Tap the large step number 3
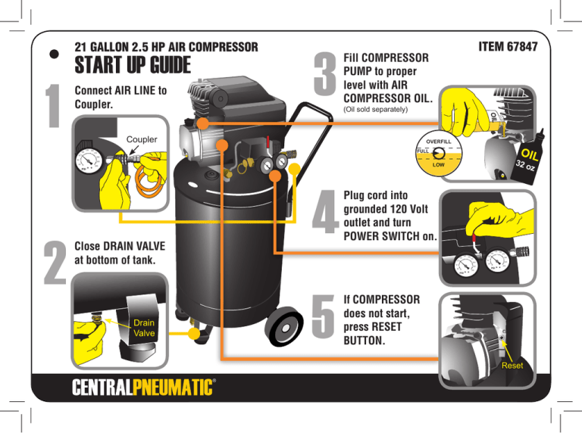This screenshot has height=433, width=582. pos(325,73)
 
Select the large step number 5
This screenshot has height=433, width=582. pos(323,316)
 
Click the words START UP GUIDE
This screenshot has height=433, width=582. pos(133,65)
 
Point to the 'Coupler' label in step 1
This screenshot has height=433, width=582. pos(142,139)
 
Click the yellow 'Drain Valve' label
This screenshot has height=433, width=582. pos(144,328)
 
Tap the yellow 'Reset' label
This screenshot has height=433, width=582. pos(512,366)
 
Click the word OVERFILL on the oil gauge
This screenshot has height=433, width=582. pos(438,142)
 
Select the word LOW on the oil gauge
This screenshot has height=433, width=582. pos(438,164)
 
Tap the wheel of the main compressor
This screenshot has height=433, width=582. pos(284,327)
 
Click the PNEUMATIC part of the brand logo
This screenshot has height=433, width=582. pos(173,388)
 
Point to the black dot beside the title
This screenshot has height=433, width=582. pos(55,55)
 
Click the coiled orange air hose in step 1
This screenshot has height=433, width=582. pos(149,180)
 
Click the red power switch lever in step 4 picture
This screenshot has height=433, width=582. pos(474,238)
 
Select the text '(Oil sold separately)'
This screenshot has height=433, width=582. pos(376,109)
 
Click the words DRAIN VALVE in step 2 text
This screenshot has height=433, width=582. pos(134,246)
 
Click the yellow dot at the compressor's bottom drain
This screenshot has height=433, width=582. pos(194,333)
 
